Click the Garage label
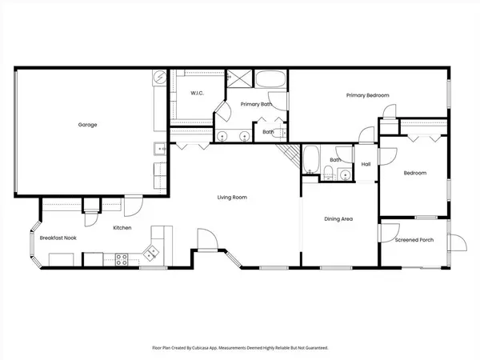[87, 125]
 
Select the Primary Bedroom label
[367, 95]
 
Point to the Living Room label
[232, 198]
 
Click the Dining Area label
[338, 218]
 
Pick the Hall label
[366, 165]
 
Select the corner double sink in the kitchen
[151, 253]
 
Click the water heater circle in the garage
[161, 78]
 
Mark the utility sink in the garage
[161, 148]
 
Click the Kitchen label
[122, 228]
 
